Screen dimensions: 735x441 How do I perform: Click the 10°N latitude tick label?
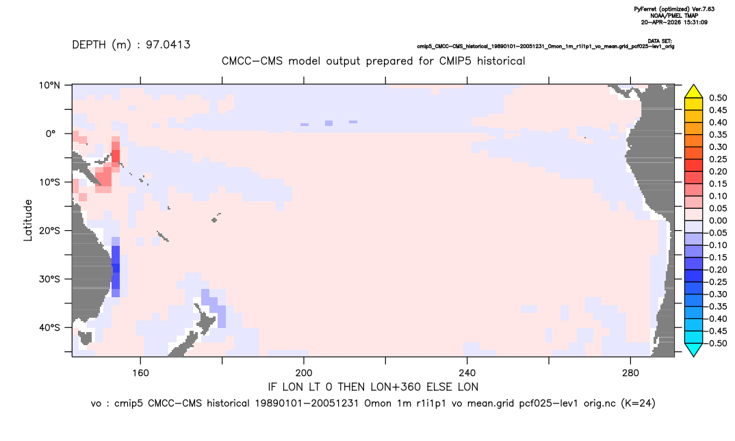click(x=49, y=86)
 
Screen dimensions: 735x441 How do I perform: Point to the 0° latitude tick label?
click(x=51, y=134)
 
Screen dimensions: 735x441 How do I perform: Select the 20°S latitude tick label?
click(x=49, y=231)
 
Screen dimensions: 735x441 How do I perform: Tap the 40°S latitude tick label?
click(x=49, y=327)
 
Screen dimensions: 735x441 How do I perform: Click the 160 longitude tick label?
click(x=140, y=373)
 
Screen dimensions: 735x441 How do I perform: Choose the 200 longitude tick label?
click(x=304, y=373)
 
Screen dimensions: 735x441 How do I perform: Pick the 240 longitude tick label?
click(x=467, y=373)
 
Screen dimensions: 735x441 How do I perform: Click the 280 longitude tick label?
click(x=630, y=373)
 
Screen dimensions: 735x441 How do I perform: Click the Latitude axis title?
click(x=28, y=220)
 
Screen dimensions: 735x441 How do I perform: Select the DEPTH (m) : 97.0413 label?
click(x=131, y=45)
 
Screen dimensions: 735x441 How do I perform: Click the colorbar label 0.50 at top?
click(x=718, y=98)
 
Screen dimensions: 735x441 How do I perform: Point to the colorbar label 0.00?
click(x=718, y=220)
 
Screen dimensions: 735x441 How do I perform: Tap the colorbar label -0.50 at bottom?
click(x=717, y=343)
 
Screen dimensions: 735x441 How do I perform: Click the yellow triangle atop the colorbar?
click(x=694, y=92)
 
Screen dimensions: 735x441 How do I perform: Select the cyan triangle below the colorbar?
click(x=694, y=349)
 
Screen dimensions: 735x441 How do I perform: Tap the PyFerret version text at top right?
click(x=674, y=9)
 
